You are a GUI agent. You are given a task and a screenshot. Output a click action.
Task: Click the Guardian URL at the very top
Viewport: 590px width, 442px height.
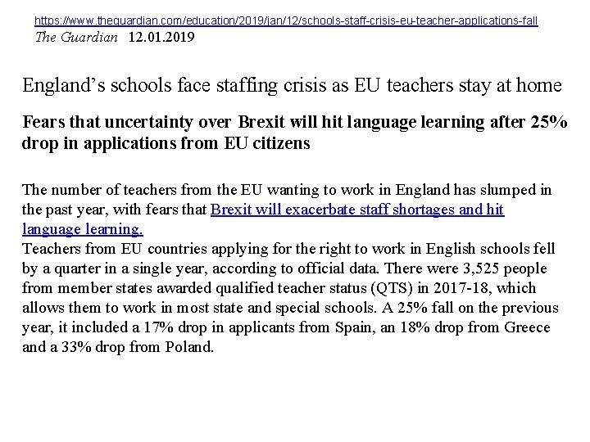(286, 20)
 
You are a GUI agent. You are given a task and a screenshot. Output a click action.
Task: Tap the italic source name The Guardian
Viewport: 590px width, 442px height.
(75, 38)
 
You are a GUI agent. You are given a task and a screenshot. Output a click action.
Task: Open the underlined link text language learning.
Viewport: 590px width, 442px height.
(83, 229)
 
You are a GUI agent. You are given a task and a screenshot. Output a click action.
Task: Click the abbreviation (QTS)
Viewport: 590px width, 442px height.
(411, 288)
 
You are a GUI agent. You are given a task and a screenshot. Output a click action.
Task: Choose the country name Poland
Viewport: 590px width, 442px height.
(189, 347)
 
